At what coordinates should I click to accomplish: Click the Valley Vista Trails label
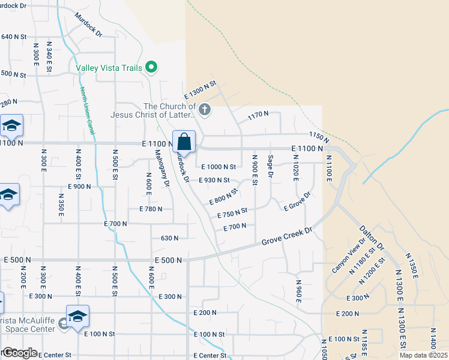pyautogui.click(x=109, y=68)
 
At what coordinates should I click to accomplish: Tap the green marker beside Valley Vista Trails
pyautogui.click(x=152, y=68)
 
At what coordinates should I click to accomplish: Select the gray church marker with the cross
pyautogui.click(x=205, y=109)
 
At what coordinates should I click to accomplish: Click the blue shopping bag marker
pyautogui.click(x=184, y=143)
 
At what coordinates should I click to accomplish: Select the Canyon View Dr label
pyautogui.click(x=348, y=257)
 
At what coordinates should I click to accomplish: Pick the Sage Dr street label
pyautogui.click(x=271, y=166)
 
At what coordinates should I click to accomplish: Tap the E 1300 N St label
pyautogui.click(x=199, y=91)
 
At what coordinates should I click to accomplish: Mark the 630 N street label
pyautogui.click(x=169, y=238)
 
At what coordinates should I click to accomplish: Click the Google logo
pyautogui.click(x=19, y=353)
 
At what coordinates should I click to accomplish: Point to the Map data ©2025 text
pyautogui.click(x=423, y=355)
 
